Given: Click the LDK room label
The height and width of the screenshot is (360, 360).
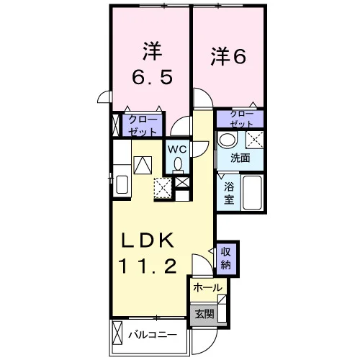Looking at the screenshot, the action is click(148, 240).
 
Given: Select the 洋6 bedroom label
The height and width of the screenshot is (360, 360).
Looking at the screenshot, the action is click(228, 57).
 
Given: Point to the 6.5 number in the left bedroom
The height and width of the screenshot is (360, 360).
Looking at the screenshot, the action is click(153, 76).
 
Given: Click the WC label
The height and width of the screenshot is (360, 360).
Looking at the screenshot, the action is click(177, 150).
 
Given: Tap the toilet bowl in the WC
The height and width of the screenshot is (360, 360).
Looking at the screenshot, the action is click(178, 165).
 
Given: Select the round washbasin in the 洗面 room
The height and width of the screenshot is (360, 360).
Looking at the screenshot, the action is click(227, 139).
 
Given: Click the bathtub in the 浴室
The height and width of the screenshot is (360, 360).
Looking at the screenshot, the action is click(252, 193).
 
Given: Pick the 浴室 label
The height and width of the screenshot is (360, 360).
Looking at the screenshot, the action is click(229, 193).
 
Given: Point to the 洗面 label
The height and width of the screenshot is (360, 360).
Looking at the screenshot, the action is click(240, 158).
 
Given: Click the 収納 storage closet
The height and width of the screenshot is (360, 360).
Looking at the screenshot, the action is click(225, 258).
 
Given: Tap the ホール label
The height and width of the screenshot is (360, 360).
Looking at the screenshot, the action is click(207, 287).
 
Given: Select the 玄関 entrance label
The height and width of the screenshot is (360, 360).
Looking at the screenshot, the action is click(204, 314).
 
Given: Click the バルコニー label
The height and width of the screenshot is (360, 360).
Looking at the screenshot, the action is click(153, 335).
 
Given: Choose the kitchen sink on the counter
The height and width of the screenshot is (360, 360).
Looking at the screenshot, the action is click(122, 184).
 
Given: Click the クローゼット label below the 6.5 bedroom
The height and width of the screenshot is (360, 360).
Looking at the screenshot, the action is click(143, 125).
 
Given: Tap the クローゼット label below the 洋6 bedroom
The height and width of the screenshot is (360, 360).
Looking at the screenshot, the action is click(241, 119).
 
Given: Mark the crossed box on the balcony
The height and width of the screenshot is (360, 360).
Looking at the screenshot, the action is click(117, 333).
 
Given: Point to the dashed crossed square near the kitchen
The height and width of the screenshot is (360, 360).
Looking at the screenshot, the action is click(163, 188).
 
